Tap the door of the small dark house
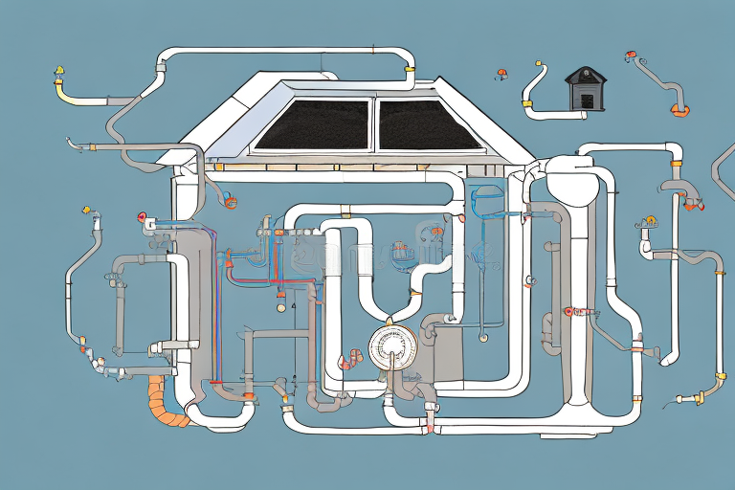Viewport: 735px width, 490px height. coord(586,100)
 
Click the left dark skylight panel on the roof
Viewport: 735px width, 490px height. coord(312,124)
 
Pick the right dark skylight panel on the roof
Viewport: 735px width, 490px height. coord(427,124)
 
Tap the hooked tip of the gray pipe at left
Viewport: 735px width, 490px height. coord(71,144)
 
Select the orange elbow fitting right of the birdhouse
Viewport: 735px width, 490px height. coord(679,110)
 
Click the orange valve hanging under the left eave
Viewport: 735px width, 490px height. coord(229,201)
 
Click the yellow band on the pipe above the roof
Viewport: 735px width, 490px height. coord(411,70)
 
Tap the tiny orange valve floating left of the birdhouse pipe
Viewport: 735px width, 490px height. coord(501,72)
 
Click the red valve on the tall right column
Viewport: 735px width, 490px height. coord(570,311)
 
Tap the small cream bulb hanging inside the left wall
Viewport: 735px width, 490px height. coord(280,308)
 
